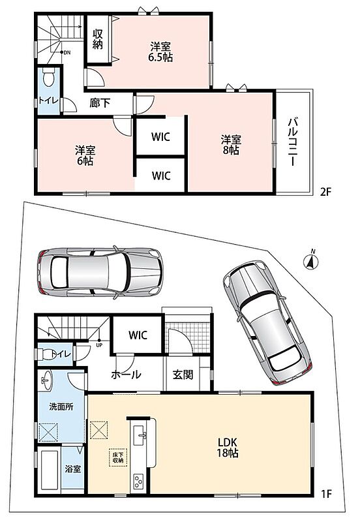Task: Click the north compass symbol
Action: point(311,262)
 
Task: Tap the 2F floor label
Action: point(325,192)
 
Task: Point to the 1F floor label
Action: point(326,493)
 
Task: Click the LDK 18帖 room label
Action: point(228,448)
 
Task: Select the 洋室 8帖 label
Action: point(231,144)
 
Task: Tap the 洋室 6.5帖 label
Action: point(160,52)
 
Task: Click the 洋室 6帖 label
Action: point(85,155)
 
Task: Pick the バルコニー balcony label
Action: point(292,141)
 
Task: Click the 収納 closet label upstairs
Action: point(98,39)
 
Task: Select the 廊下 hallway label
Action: point(100,103)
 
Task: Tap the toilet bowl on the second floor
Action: point(49,77)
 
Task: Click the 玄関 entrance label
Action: point(183,375)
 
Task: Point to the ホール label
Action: point(126,375)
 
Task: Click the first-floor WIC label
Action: point(138,335)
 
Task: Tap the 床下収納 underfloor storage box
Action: point(118,458)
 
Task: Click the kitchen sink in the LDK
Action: point(140,435)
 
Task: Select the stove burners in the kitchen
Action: point(138,481)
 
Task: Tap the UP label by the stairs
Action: point(99,345)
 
